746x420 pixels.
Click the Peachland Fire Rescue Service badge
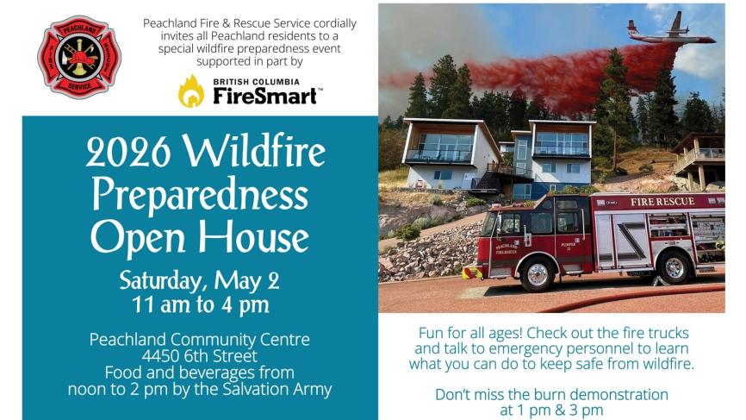[79, 57]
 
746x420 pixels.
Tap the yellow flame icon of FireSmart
[191, 91]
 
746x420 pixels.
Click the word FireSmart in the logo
[265, 97]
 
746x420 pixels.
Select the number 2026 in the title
[128, 152]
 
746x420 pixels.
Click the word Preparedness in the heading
[200, 195]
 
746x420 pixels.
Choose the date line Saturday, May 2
[199, 281]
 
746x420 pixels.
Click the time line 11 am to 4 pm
[201, 305]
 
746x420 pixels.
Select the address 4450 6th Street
[199, 355]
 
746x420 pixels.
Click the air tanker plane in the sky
[670, 31]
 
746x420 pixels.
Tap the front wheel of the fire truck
[538, 274]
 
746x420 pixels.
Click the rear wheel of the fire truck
[674, 267]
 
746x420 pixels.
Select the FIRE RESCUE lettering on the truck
[662, 202]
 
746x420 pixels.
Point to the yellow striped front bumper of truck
[473, 273]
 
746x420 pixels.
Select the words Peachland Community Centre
[199, 340]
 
